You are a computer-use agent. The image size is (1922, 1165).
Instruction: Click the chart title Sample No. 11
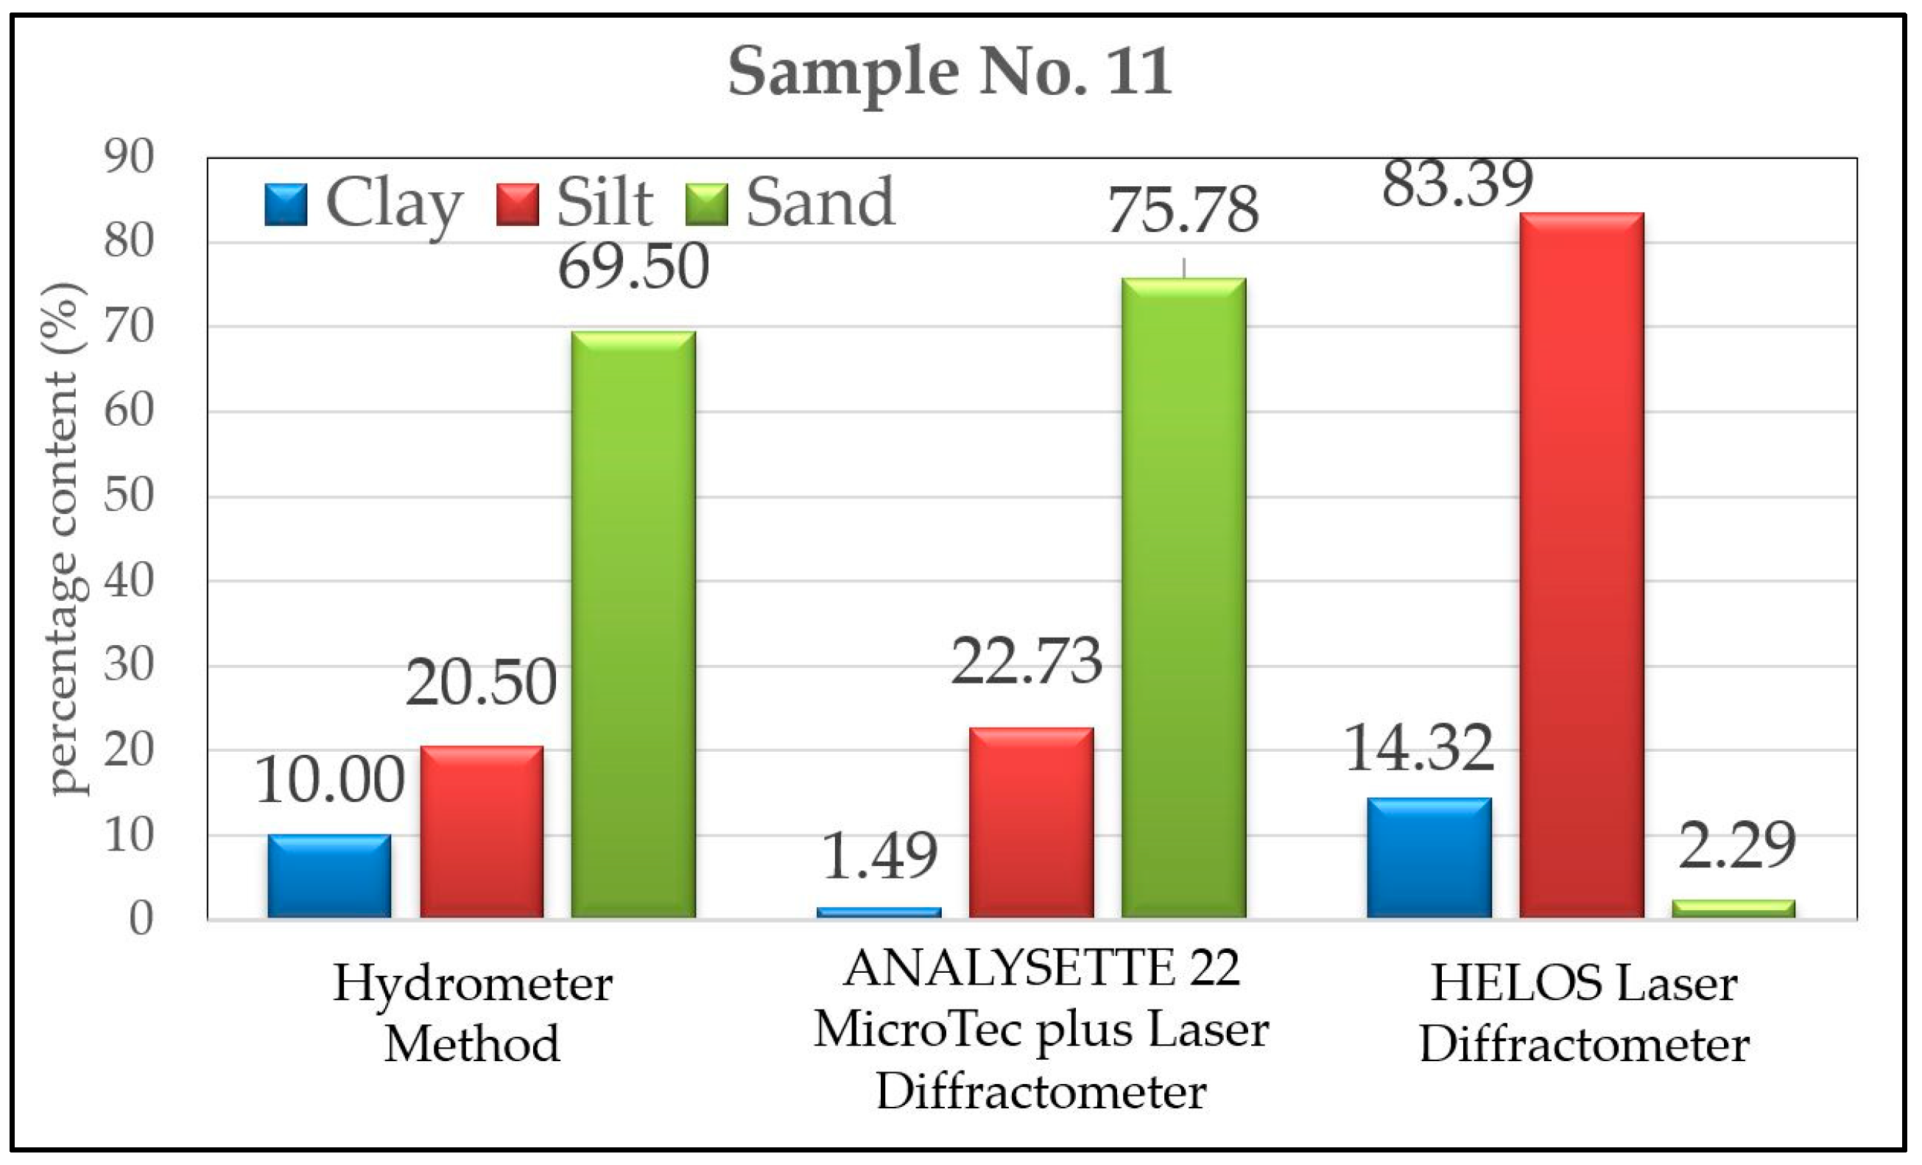tap(949, 71)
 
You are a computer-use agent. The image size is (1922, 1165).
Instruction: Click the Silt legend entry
tap(576, 203)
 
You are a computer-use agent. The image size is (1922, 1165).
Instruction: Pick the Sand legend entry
tap(791, 203)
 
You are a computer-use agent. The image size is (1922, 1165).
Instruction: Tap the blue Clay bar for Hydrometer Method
tap(329, 876)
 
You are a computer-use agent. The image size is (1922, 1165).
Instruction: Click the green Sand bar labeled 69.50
tap(633, 624)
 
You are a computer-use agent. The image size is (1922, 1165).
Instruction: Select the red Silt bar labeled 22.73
tap(1031, 823)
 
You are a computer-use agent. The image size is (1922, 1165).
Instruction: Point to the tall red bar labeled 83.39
tap(1582, 566)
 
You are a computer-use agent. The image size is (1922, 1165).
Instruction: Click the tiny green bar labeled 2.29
tap(1733, 909)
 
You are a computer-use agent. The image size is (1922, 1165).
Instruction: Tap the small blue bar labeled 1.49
tap(879, 912)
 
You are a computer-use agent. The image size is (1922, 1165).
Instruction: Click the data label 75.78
tap(1183, 211)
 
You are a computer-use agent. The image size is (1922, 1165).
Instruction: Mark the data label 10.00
tap(329, 781)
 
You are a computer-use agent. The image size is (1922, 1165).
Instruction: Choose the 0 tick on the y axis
tap(141, 919)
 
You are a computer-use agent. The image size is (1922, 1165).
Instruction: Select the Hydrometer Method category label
tap(473, 1014)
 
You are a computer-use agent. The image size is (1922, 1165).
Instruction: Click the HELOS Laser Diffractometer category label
tap(1583, 1014)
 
